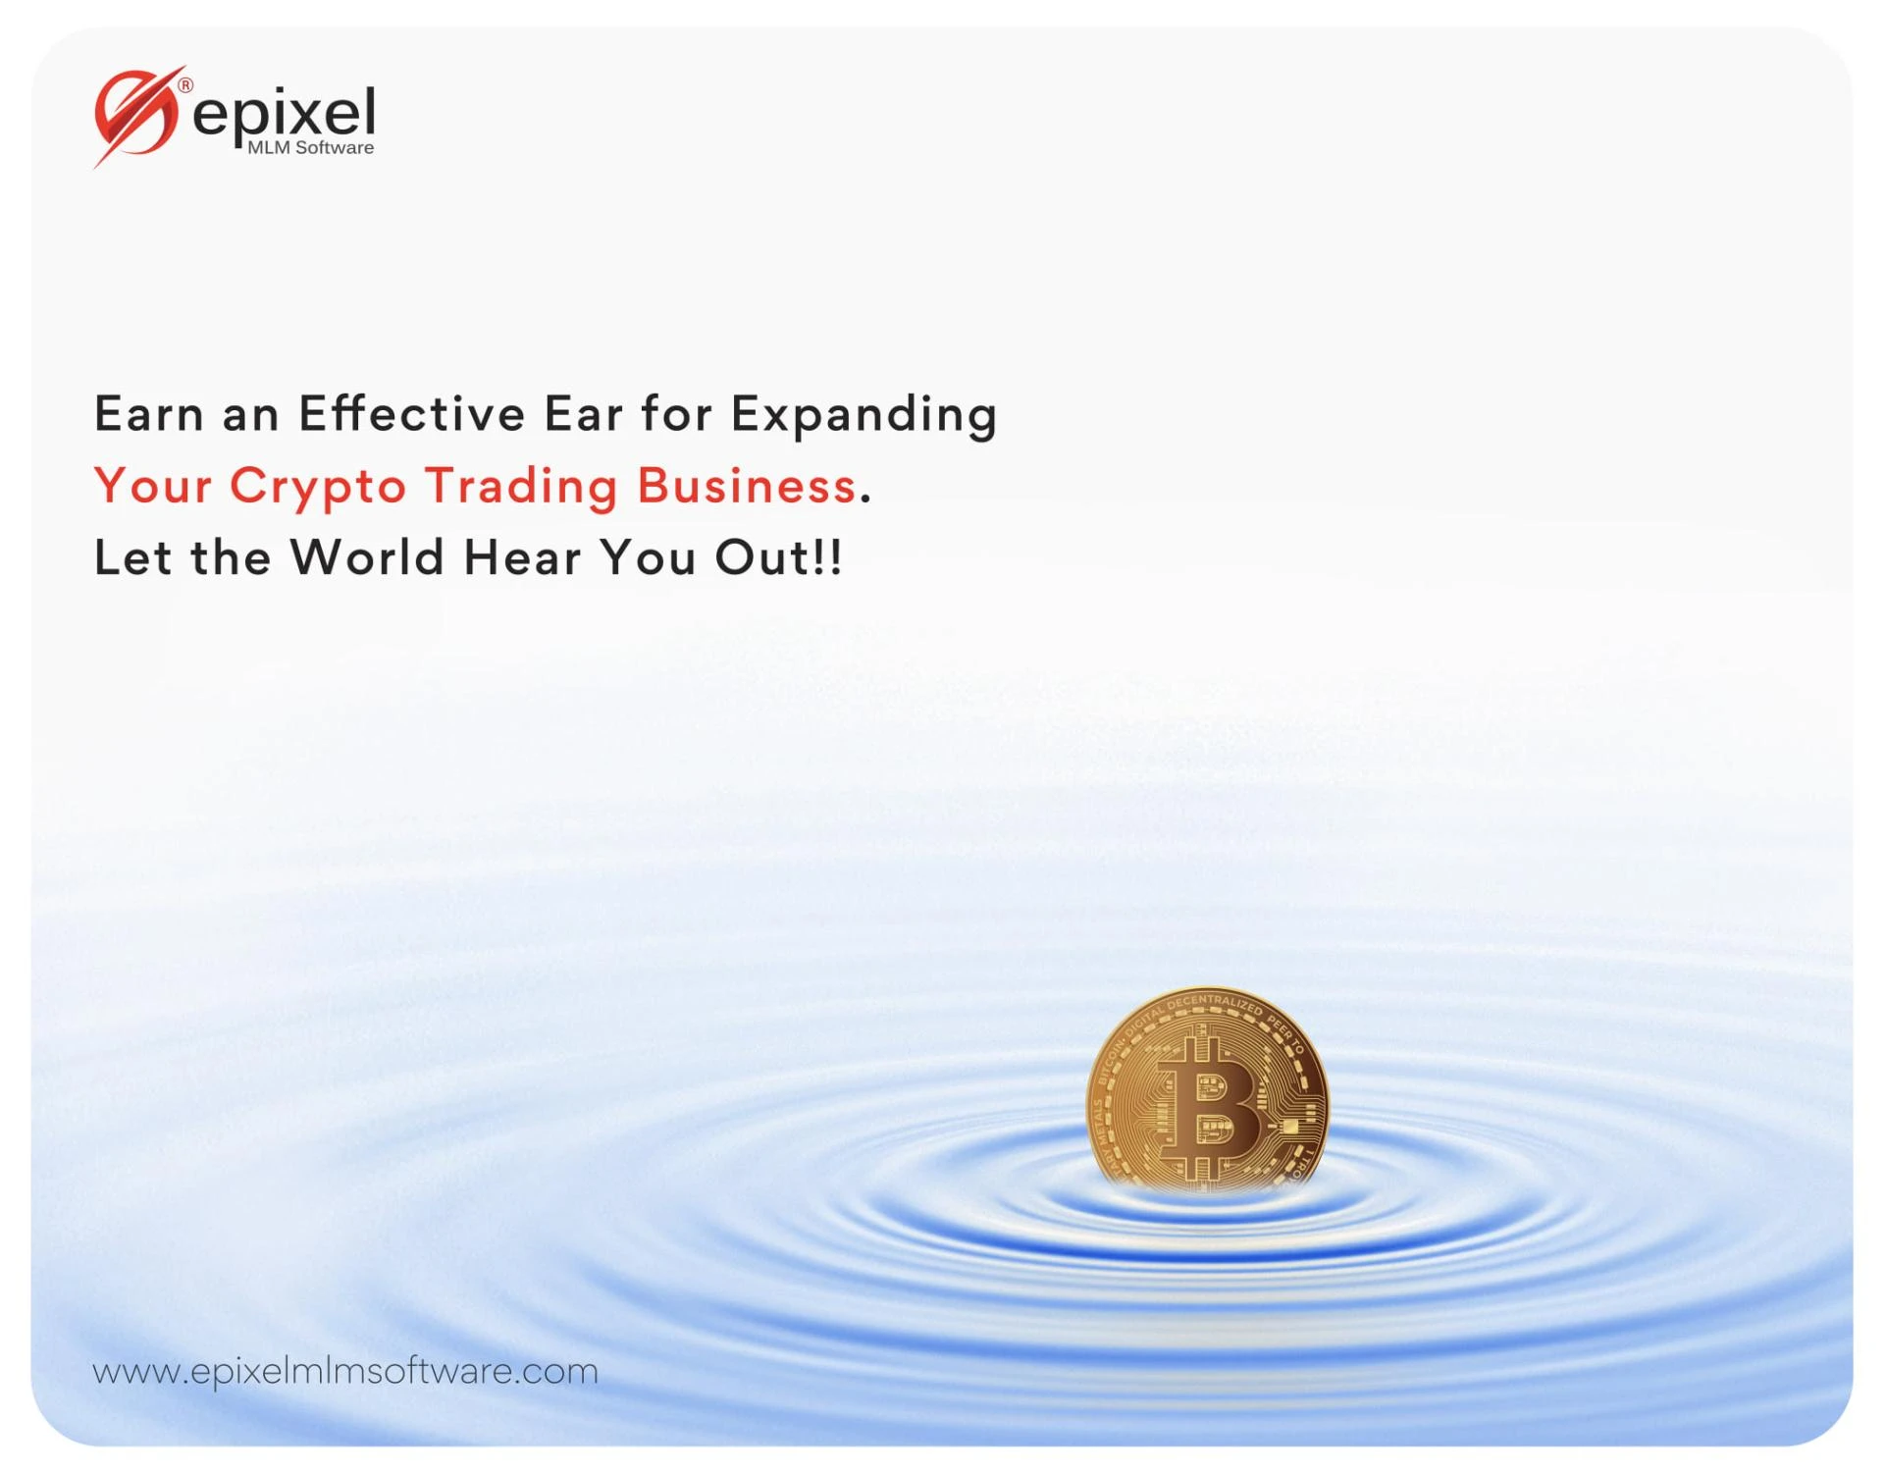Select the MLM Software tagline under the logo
pos(310,148)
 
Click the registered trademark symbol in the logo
pos(185,85)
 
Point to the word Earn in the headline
pos(149,413)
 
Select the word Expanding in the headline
pos(863,415)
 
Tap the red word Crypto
pos(318,487)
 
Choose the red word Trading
pos(521,487)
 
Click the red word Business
pos(747,485)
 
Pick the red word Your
pos(153,485)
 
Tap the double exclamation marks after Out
pos(827,557)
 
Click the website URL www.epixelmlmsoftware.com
pos(345,1371)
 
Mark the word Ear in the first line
pos(583,413)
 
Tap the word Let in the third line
pos(132,557)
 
